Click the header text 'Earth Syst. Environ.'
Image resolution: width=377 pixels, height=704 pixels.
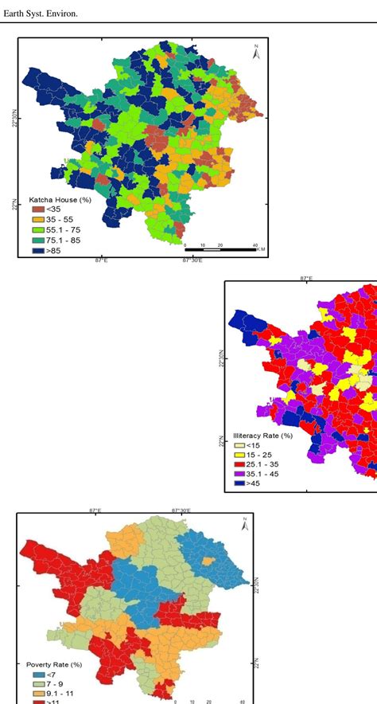pyautogui.click(x=41, y=12)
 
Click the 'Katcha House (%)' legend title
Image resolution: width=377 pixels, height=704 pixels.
pyautogui.click(x=60, y=199)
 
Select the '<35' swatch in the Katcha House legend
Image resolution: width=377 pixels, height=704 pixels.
pyautogui.click(x=39, y=209)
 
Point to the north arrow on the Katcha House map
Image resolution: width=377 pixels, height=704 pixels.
pyautogui.click(x=255, y=53)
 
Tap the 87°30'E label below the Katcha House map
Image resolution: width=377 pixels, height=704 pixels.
pyautogui.click(x=193, y=260)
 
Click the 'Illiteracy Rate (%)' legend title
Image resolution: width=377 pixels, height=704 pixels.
pyautogui.click(x=263, y=436)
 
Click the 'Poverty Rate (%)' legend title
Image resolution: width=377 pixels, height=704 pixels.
pyautogui.click(x=54, y=664)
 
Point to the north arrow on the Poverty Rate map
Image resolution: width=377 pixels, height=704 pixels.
pyautogui.click(x=245, y=524)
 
